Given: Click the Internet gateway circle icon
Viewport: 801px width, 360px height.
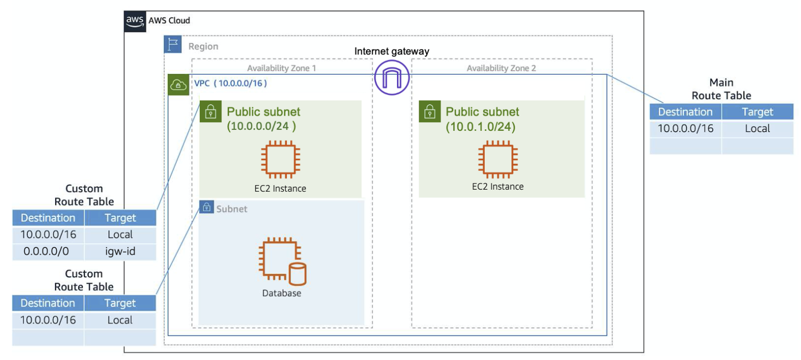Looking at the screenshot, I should tap(391, 78).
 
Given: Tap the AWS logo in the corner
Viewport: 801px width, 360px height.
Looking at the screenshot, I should tap(135, 21).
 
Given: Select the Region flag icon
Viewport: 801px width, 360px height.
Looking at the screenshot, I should tap(173, 44).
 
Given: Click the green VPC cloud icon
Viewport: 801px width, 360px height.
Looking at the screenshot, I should tap(178, 85).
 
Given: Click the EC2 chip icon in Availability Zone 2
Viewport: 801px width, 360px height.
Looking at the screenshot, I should tap(498, 159).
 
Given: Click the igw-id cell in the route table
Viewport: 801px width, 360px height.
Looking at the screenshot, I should tap(120, 251).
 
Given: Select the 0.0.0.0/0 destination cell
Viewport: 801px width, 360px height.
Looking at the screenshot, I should tap(47, 251).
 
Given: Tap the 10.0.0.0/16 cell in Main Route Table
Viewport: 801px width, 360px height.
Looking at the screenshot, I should tap(685, 129).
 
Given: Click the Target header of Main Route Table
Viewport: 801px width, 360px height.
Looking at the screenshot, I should tap(757, 112).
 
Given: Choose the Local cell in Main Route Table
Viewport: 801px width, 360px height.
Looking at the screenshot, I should tap(757, 129).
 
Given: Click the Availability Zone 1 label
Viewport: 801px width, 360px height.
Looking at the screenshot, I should tap(281, 68).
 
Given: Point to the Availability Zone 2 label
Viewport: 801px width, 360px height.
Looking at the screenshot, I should tap(501, 68).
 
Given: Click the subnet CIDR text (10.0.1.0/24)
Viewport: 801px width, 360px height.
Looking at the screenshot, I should tap(481, 127).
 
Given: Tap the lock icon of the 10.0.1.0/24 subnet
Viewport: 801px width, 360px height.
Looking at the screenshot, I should tap(429, 112).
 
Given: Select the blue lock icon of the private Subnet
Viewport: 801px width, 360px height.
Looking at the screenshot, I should tap(206, 207).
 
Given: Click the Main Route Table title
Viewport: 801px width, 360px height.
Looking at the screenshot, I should tap(721, 89).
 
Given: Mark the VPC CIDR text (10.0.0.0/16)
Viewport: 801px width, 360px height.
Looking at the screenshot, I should tap(240, 83).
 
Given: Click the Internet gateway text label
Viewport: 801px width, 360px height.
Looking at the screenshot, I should tap(391, 51).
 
